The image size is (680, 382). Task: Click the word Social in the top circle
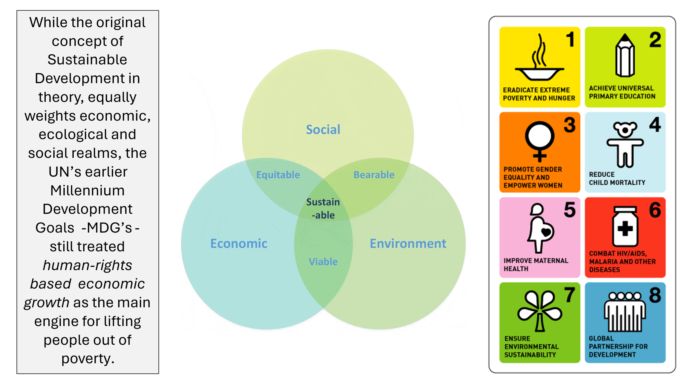[323, 130]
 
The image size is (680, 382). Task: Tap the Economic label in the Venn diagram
[239, 243]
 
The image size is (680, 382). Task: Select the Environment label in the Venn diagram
[408, 243]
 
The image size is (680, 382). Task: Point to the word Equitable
[278, 175]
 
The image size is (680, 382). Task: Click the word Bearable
[374, 175]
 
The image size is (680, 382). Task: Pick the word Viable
[323, 262]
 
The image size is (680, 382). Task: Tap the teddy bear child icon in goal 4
[625, 144]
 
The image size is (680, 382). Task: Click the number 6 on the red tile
[655, 210]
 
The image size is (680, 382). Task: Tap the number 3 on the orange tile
[570, 125]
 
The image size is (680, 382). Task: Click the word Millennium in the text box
[87, 190]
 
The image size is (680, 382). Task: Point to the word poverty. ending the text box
[88, 359]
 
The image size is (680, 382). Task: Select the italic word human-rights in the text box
[87, 265]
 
